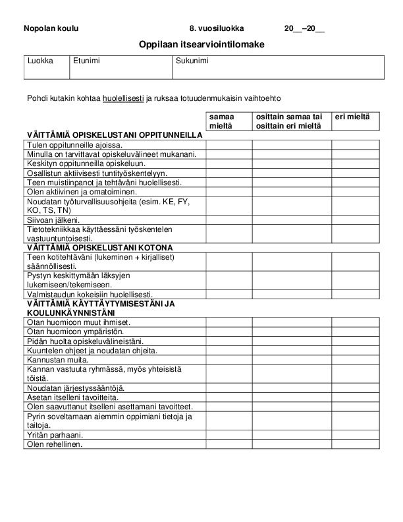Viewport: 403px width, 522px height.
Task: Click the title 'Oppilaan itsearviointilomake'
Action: [x=201, y=44]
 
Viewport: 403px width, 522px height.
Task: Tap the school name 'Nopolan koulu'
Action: [x=51, y=28]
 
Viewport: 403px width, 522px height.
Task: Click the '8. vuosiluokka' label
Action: [x=216, y=28]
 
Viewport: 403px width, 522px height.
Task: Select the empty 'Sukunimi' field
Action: [x=277, y=68]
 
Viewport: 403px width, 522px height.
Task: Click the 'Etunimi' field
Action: [x=121, y=68]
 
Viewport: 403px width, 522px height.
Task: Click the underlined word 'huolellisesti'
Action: [x=123, y=99]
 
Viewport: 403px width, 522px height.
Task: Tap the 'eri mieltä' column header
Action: [x=352, y=117]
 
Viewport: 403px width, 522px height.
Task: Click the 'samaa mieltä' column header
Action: [x=228, y=121]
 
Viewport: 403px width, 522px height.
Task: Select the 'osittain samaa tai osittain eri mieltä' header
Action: [x=291, y=121]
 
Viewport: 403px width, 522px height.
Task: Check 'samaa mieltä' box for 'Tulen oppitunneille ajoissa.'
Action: [x=228, y=145]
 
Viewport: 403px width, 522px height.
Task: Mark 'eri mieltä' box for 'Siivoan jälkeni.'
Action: [x=355, y=220]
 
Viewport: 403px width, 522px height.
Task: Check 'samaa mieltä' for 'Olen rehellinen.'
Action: [x=228, y=444]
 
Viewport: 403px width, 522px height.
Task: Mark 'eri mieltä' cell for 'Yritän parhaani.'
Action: [x=355, y=435]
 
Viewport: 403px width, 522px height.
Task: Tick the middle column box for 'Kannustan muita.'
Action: [x=291, y=360]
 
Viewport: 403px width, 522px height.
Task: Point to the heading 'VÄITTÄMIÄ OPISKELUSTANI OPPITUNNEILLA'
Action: [x=113, y=135]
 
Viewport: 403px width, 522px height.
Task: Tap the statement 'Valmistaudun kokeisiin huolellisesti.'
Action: [x=90, y=294]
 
